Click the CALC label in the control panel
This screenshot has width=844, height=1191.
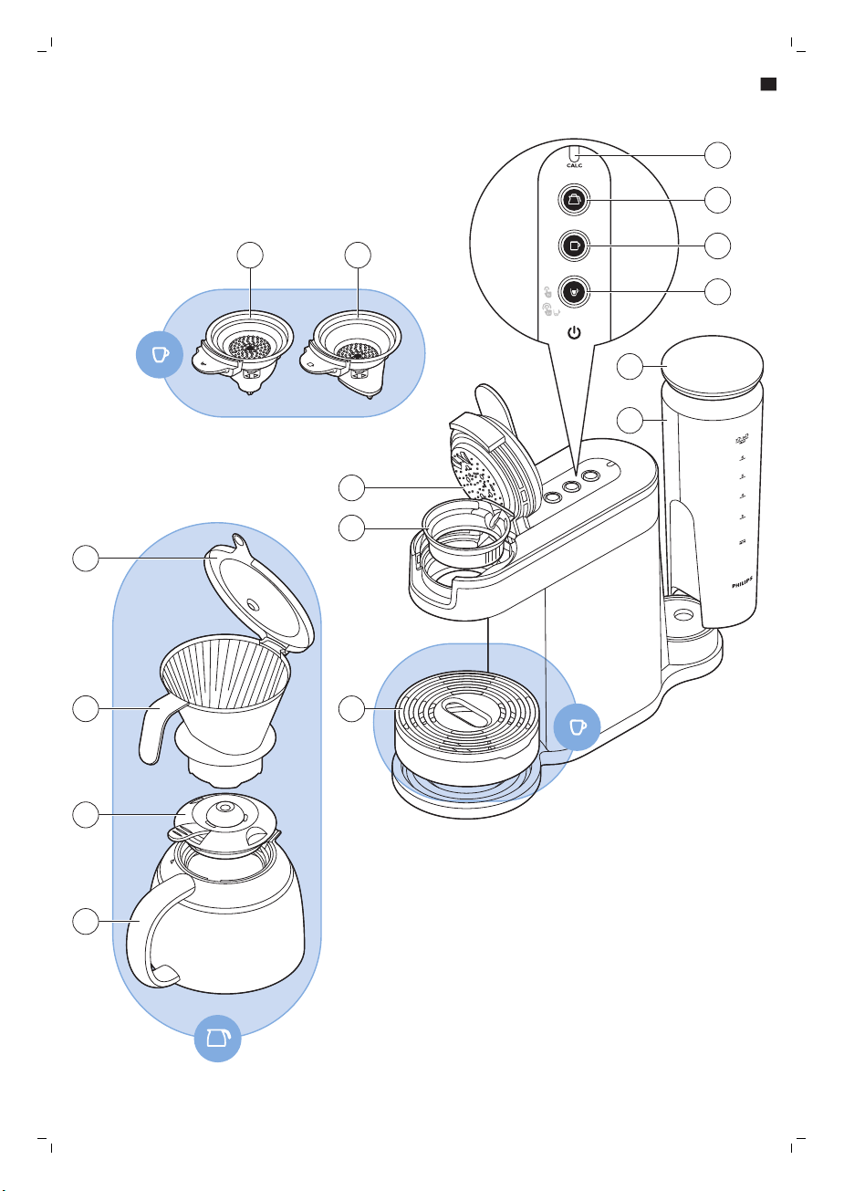(574, 166)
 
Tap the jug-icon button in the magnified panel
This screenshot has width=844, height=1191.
(574, 201)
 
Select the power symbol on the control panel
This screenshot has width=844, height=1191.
(574, 333)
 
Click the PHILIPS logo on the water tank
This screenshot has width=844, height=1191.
(742, 582)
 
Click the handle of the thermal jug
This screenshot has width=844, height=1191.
(155, 931)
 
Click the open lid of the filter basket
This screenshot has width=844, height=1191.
(260, 594)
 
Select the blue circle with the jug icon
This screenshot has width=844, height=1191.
(217, 1038)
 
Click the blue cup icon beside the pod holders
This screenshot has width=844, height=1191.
(160, 355)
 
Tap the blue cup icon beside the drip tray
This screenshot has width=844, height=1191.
(578, 726)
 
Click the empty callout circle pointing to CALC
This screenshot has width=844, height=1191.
(717, 155)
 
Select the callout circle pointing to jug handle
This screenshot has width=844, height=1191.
(86, 922)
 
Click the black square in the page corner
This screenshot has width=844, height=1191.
(768, 84)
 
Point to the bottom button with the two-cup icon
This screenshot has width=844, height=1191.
(574, 292)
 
